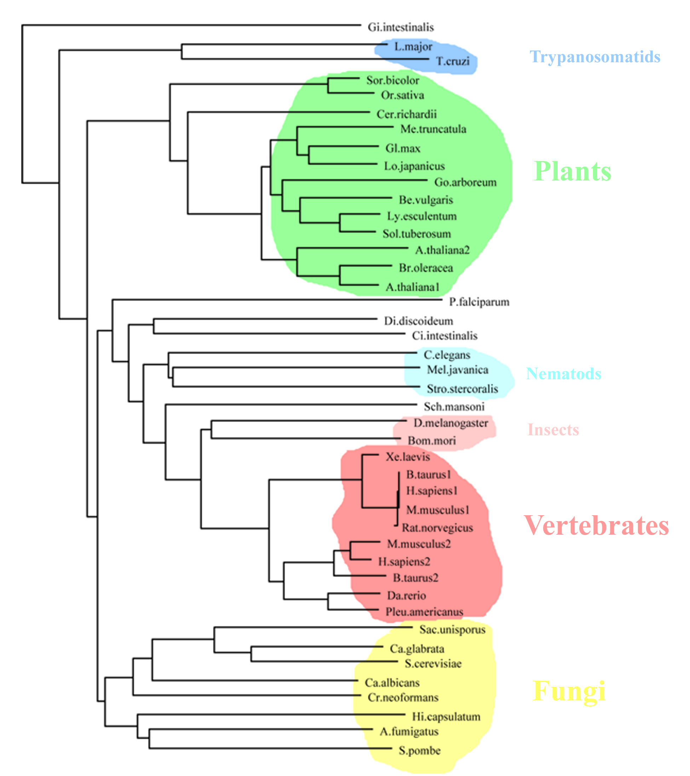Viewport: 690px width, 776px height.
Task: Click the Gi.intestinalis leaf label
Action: (401, 27)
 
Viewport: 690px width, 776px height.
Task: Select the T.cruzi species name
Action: (453, 61)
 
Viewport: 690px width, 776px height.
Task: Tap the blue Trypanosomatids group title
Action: (595, 57)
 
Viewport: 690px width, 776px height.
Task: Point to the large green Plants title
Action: (572, 172)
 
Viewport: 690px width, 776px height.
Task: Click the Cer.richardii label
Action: (407, 114)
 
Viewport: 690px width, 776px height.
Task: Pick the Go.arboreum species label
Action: (465, 183)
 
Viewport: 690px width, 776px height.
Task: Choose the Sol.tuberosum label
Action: (417, 234)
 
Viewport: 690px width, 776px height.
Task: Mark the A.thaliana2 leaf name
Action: (442, 250)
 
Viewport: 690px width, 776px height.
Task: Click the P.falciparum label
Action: (479, 302)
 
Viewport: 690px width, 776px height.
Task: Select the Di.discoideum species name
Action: (418, 321)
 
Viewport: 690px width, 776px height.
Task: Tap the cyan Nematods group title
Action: (564, 374)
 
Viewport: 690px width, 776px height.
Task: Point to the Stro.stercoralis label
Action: (462, 389)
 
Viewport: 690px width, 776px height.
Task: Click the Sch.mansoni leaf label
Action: (454, 407)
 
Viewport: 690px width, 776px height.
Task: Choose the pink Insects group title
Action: (553, 430)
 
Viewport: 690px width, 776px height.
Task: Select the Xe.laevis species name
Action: (408, 457)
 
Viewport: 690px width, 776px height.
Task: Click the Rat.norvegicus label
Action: (437, 528)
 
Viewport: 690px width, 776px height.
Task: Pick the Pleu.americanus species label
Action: (424, 611)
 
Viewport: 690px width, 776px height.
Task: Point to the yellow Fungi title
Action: (569, 691)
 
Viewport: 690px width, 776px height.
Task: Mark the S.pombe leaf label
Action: (419, 751)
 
